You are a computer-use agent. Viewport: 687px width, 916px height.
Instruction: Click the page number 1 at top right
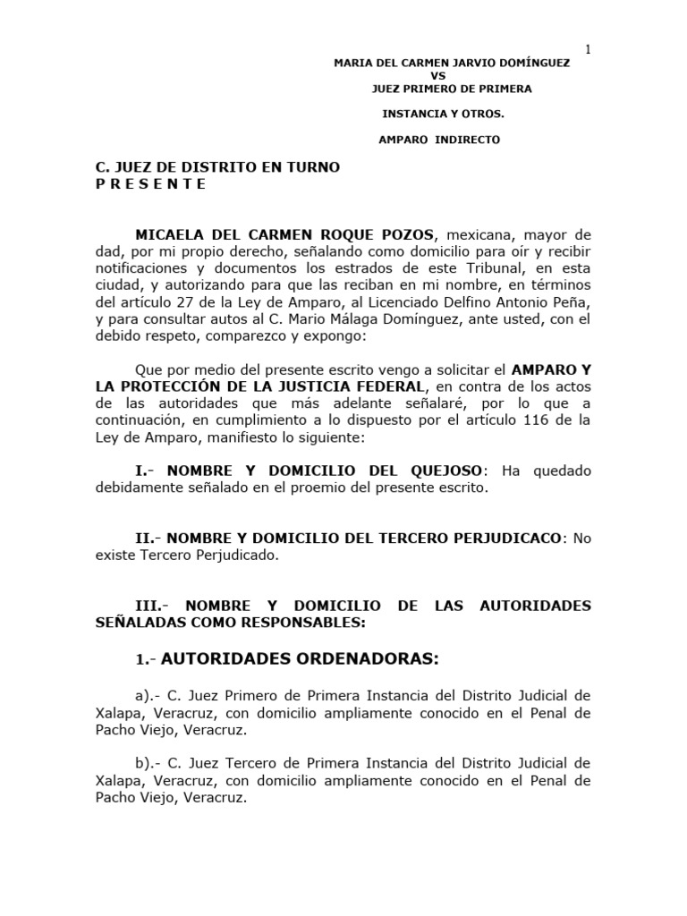[588, 49]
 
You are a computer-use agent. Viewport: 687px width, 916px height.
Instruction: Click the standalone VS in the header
[438, 76]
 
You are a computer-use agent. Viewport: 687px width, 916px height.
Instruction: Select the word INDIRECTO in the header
[469, 140]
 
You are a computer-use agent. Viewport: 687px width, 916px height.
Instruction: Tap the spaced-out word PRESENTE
[151, 184]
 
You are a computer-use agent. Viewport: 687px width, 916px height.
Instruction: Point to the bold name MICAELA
[172, 234]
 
